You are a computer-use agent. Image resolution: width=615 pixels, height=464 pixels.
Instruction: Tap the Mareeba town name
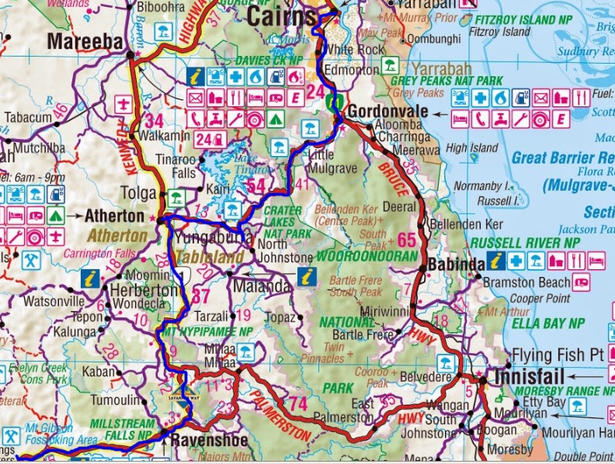tap(85, 41)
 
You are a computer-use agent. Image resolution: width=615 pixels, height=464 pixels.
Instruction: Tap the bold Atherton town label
tap(114, 216)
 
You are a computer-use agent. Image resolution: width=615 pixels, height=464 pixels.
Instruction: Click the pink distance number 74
tap(297, 403)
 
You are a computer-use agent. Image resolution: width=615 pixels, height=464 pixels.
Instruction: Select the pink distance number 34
tap(154, 120)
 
